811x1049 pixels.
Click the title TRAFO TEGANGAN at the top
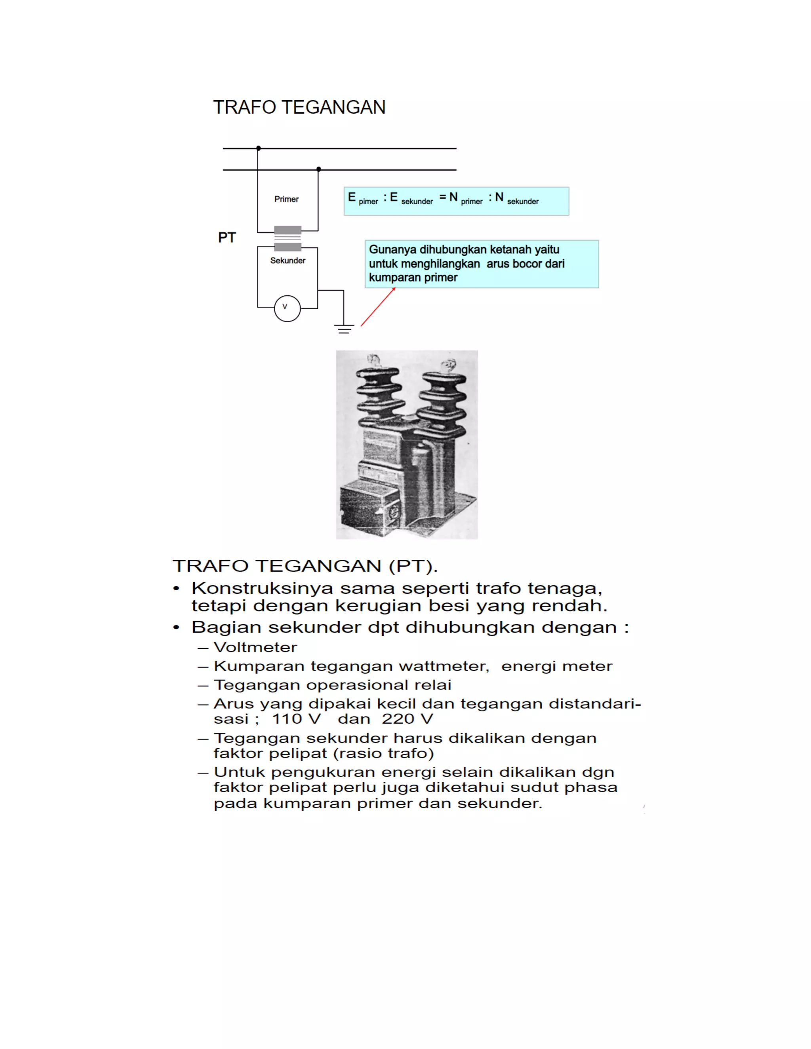pyautogui.click(x=299, y=107)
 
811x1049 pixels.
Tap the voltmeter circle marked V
pyautogui.click(x=287, y=308)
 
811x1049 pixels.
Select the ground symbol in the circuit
pyautogui.click(x=344, y=329)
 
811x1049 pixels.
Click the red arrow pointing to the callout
pyautogui.click(x=378, y=308)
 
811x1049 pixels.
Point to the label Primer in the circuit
pyautogui.click(x=286, y=199)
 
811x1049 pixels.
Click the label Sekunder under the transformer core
pyautogui.click(x=287, y=260)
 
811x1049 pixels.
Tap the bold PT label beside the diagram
pyautogui.click(x=227, y=237)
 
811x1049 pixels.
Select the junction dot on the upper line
pyautogui.click(x=259, y=148)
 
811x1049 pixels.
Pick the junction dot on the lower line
pyautogui.click(x=318, y=169)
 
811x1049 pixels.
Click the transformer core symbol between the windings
pyautogui.click(x=287, y=239)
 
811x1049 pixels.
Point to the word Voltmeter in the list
pyautogui.click(x=255, y=648)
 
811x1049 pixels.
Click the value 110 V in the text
pyautogui.click(x=296, y=719)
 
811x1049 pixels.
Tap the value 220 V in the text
pyautogui.click(x=407, y=719)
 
